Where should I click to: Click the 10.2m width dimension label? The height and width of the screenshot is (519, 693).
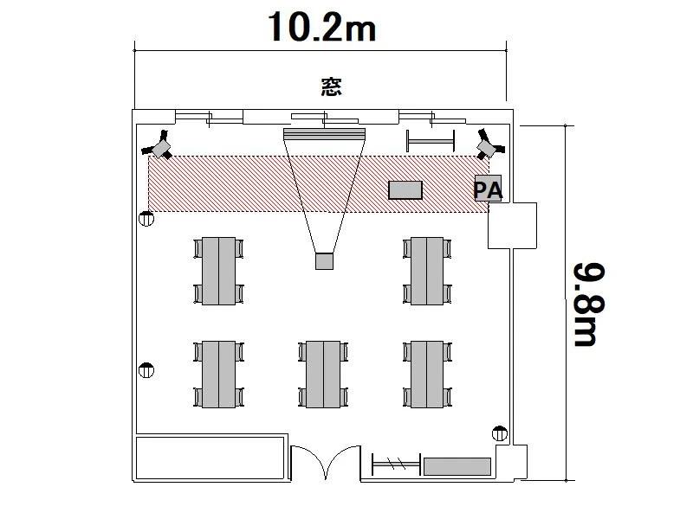tap(321, 28)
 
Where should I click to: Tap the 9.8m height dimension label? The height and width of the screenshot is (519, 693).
tap(590, 304)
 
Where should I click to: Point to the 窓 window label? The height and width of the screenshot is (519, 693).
tap(331, 87)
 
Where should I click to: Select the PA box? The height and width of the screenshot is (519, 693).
tap(488, 189)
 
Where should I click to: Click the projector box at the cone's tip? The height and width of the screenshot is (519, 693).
tap(324, 261)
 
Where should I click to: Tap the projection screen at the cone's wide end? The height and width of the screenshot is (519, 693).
tap(324, 134)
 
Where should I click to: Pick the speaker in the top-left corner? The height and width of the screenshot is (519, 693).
tap(159, 145)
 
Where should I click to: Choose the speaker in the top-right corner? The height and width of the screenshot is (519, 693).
tap(489, 144)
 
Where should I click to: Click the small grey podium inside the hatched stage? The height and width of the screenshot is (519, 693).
tap(405, 190)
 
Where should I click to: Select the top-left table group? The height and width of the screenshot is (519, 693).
tap(218, 271)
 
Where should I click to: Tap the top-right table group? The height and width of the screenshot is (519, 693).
tap(427, 271)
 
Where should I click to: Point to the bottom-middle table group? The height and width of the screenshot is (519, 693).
tap(323, 375)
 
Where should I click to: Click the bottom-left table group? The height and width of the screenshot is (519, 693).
tap(218, 375)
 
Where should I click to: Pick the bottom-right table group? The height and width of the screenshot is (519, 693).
tap(427, 375)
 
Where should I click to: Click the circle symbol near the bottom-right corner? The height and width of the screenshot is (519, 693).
tap(500, 433)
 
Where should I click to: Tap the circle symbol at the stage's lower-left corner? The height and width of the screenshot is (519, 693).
tap(146, 219)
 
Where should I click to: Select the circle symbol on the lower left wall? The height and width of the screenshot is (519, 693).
tap(146, 370)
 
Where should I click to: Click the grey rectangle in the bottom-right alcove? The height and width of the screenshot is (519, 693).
tap(457, 466)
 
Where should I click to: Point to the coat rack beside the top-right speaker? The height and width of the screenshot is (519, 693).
tap(431, 141)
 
